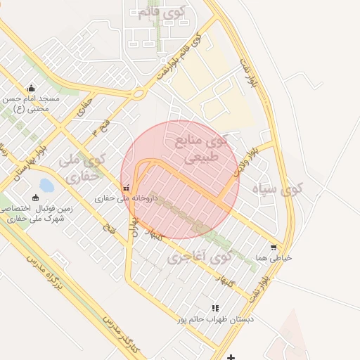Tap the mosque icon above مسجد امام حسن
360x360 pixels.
click(x=31, y=89)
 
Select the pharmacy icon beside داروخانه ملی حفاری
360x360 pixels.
click(x=126, y=188)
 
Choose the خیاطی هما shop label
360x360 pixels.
click(x=274, y=259)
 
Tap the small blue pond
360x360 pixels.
click(x=46, y=186)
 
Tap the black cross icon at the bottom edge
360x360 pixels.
click(x=231, y=356)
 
